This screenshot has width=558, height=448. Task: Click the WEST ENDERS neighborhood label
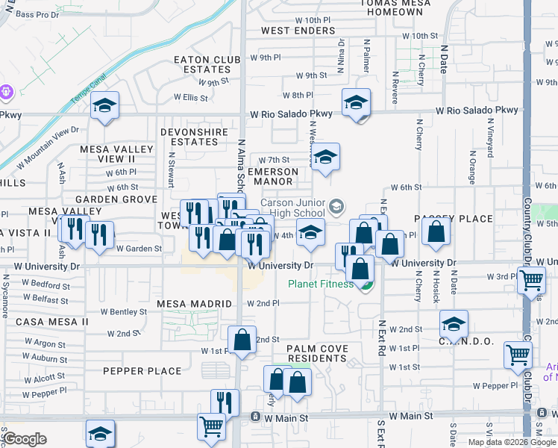tap(298, 31)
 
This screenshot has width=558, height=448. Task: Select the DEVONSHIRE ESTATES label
tap(189, 137)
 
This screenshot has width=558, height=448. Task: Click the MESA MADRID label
tap(189, 304)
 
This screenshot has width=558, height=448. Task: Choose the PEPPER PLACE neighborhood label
tap(142, 371)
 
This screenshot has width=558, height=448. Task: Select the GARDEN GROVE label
tap(116, 199)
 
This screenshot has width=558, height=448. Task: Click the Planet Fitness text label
tap(321, 284)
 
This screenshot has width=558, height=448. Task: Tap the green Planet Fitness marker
tap(365, 284)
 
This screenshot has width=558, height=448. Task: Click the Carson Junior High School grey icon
tap(337, 205)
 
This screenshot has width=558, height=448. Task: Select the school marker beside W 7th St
tap(325, 158)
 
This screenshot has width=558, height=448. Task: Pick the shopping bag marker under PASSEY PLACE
tap(436, 232)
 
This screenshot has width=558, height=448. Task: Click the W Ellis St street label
tap(191, 97)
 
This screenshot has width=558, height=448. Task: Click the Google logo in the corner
tap(25, 439)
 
